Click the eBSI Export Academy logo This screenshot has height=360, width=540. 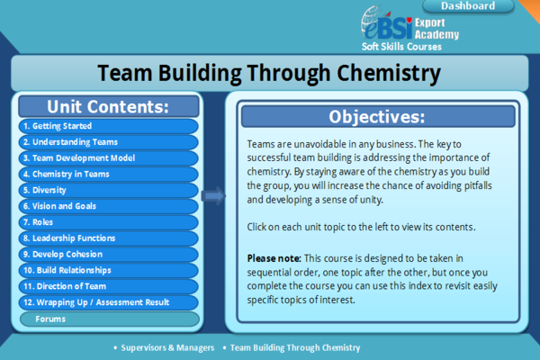409,28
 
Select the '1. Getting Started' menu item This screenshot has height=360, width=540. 107,126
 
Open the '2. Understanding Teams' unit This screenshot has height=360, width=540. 107,142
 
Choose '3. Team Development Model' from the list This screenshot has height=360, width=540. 107,158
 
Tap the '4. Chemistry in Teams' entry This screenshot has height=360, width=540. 107,175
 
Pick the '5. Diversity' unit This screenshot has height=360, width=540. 107,190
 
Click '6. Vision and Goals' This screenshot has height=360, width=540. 107,206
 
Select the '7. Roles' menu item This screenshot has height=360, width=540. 107,222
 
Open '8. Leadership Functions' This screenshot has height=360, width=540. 107,238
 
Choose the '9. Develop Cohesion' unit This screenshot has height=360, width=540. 107,254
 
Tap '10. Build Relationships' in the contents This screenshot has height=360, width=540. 107,270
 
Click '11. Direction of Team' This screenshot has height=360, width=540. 107,286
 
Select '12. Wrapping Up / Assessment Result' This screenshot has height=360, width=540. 107,302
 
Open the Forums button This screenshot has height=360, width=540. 107,319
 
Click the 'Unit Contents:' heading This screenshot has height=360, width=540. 107,106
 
